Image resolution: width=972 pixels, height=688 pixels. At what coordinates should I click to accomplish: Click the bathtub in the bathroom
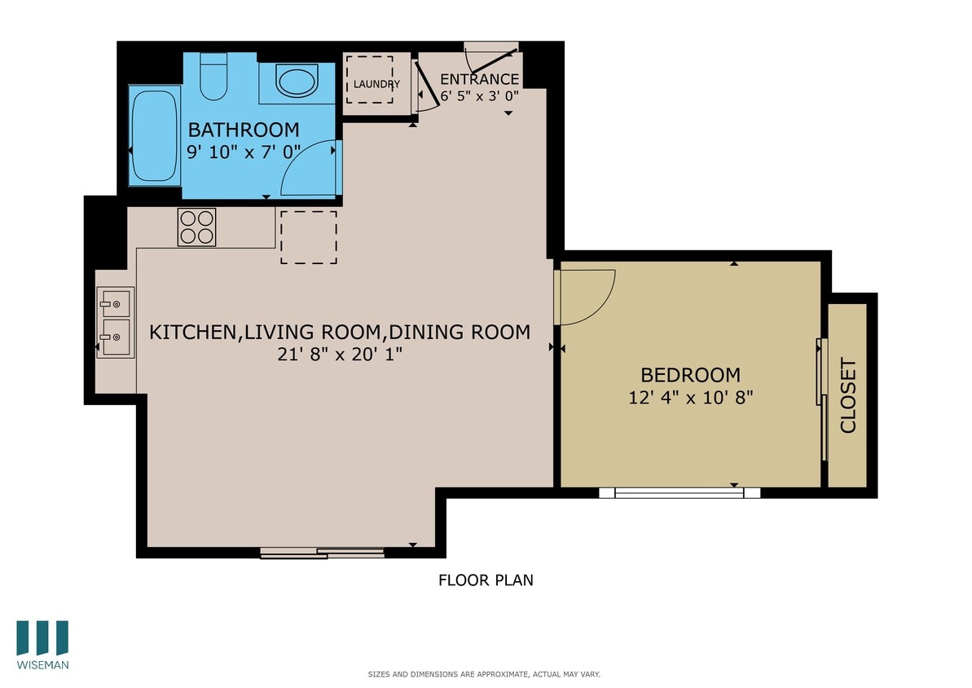153,135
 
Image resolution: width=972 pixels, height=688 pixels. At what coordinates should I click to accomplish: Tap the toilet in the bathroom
213,77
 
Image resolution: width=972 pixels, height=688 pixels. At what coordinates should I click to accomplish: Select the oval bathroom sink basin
297,81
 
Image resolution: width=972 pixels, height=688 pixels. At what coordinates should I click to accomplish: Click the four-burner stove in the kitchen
196,227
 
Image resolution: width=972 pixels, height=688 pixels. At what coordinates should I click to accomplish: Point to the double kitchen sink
116,322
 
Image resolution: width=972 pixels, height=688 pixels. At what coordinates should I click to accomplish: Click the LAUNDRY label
376,84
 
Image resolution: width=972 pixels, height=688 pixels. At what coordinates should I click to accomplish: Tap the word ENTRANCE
479,79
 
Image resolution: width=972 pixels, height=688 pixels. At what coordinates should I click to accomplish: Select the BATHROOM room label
244,130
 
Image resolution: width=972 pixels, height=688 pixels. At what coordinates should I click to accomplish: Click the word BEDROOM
690,375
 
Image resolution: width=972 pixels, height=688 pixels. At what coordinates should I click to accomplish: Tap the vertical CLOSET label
848,395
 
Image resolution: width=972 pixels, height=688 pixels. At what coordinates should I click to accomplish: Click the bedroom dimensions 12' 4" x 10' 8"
690,398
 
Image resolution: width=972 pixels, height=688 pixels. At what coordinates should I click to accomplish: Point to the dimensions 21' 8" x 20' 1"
339,355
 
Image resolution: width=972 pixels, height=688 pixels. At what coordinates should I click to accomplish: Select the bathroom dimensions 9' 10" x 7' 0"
244,152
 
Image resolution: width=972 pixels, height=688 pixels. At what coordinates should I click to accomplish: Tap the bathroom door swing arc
307,170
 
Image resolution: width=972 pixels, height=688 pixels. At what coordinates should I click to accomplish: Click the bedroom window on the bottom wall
679,492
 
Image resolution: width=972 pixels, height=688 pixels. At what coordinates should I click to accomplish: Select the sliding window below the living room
322,553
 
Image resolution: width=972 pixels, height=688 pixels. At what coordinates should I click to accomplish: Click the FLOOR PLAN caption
486,580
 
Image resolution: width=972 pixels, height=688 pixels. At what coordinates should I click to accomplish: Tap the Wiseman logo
42,644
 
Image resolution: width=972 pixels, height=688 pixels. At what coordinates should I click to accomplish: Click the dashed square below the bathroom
309,237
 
